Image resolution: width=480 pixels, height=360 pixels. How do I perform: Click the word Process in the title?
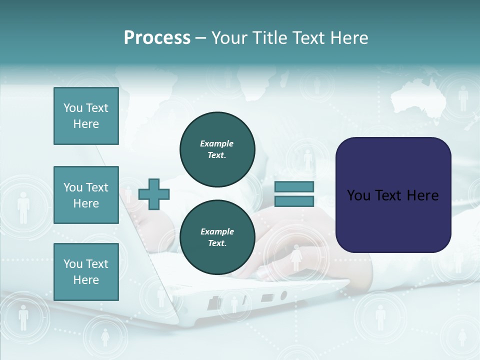[x=157, y=37]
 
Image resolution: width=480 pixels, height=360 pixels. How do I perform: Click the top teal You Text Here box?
[x=86, y=116]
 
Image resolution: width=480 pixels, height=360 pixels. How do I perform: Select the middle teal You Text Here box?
[x=86, y=195]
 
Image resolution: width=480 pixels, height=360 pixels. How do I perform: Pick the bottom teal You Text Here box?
[x=86, y=272]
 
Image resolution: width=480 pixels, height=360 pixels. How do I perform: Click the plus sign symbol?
[x=154, y=194]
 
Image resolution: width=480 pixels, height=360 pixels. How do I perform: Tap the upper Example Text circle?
[x=217, y=149]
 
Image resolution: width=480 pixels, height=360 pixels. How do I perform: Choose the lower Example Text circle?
[x=217, y=237]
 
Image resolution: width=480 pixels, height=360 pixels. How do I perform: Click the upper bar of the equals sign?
[x=294, y=187]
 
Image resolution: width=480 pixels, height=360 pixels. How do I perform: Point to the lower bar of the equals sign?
[x=294, y=201]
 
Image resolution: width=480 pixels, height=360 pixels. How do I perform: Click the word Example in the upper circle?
[x=217, y=143]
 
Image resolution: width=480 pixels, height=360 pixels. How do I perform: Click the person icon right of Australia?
[x=463, y=98]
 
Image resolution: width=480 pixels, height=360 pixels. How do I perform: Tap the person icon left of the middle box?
[x=23, y=207]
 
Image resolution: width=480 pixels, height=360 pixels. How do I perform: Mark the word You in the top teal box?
[x=72, y=108]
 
